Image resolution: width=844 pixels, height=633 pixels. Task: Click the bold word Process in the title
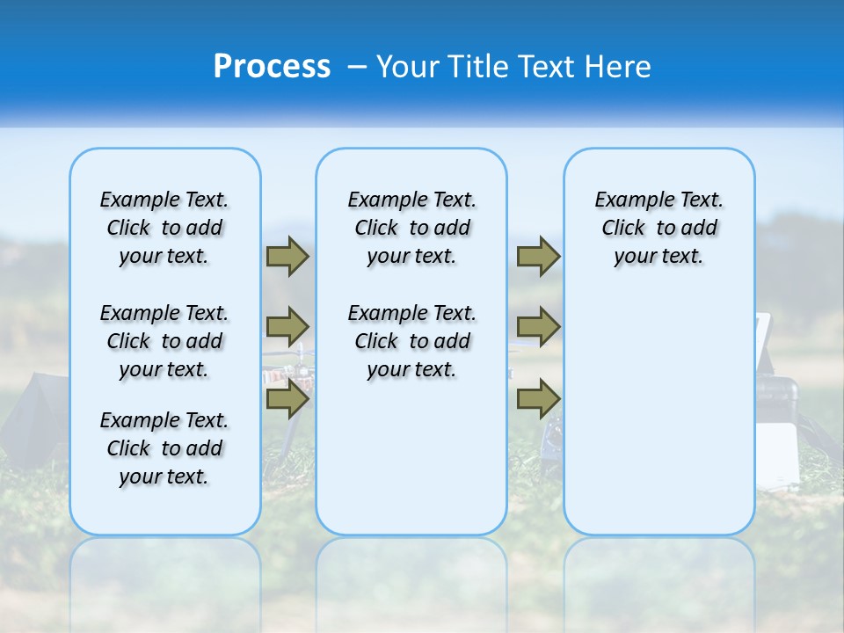coord(272,66)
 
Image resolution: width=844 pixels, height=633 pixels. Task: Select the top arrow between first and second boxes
coord(287,257)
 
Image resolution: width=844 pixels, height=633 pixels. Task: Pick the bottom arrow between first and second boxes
coord(287,400)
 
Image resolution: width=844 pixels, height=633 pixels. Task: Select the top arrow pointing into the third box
coord(538,257)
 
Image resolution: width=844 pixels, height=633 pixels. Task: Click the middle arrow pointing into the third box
coord(538,327)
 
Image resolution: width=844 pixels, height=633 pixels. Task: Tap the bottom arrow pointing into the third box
coord(538,399)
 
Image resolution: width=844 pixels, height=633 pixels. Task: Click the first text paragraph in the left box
coord(164,228)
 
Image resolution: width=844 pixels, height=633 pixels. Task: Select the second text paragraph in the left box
coord(164,341)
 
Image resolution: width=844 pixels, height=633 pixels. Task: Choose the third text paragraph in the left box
coord(164,448)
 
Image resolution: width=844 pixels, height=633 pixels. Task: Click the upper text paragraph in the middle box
coord(411,228)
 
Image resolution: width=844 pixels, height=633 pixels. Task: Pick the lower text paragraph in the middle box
coord(411,341)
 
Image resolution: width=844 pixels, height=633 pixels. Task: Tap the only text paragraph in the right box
coord(658,228)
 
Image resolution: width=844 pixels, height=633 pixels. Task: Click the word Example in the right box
coord(628,200)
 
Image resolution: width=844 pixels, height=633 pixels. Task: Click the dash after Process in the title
coord(357,68)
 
